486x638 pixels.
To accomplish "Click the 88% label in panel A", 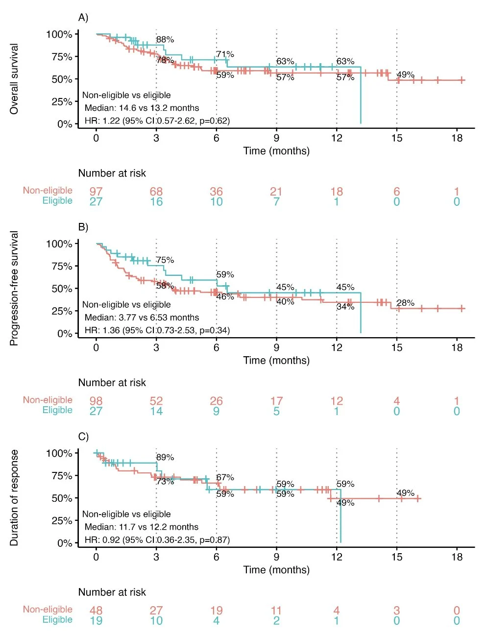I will point(165,40).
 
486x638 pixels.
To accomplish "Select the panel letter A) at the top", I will point(83,18).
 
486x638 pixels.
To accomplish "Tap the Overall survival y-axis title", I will point(14,79).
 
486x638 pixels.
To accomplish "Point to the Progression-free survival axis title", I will point(14,288).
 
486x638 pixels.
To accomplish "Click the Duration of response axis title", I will point(14,498).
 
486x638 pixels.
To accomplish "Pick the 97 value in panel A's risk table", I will point(96,191).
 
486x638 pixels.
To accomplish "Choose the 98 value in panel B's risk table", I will point(96,401).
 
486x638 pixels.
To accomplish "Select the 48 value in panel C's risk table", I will point(96,610).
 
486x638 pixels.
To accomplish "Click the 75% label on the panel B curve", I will point(165,260).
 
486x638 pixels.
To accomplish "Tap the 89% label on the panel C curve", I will point(165,457).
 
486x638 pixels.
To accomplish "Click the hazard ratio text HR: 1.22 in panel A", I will point(156,121).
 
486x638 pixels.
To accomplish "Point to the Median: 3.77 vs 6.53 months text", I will point(142,318).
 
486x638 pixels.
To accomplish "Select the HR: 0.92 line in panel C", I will point(156,540).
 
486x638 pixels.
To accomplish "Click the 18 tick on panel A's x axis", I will point(457,138).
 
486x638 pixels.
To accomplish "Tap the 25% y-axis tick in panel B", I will point(62,311).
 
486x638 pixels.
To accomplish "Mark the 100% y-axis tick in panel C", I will point(59,453).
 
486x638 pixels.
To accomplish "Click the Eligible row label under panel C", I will point(57,620).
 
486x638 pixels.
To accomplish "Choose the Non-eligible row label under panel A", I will point(48,191).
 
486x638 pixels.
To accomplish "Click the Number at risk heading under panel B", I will point(112,383).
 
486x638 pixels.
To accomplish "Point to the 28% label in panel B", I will point(405,303).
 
